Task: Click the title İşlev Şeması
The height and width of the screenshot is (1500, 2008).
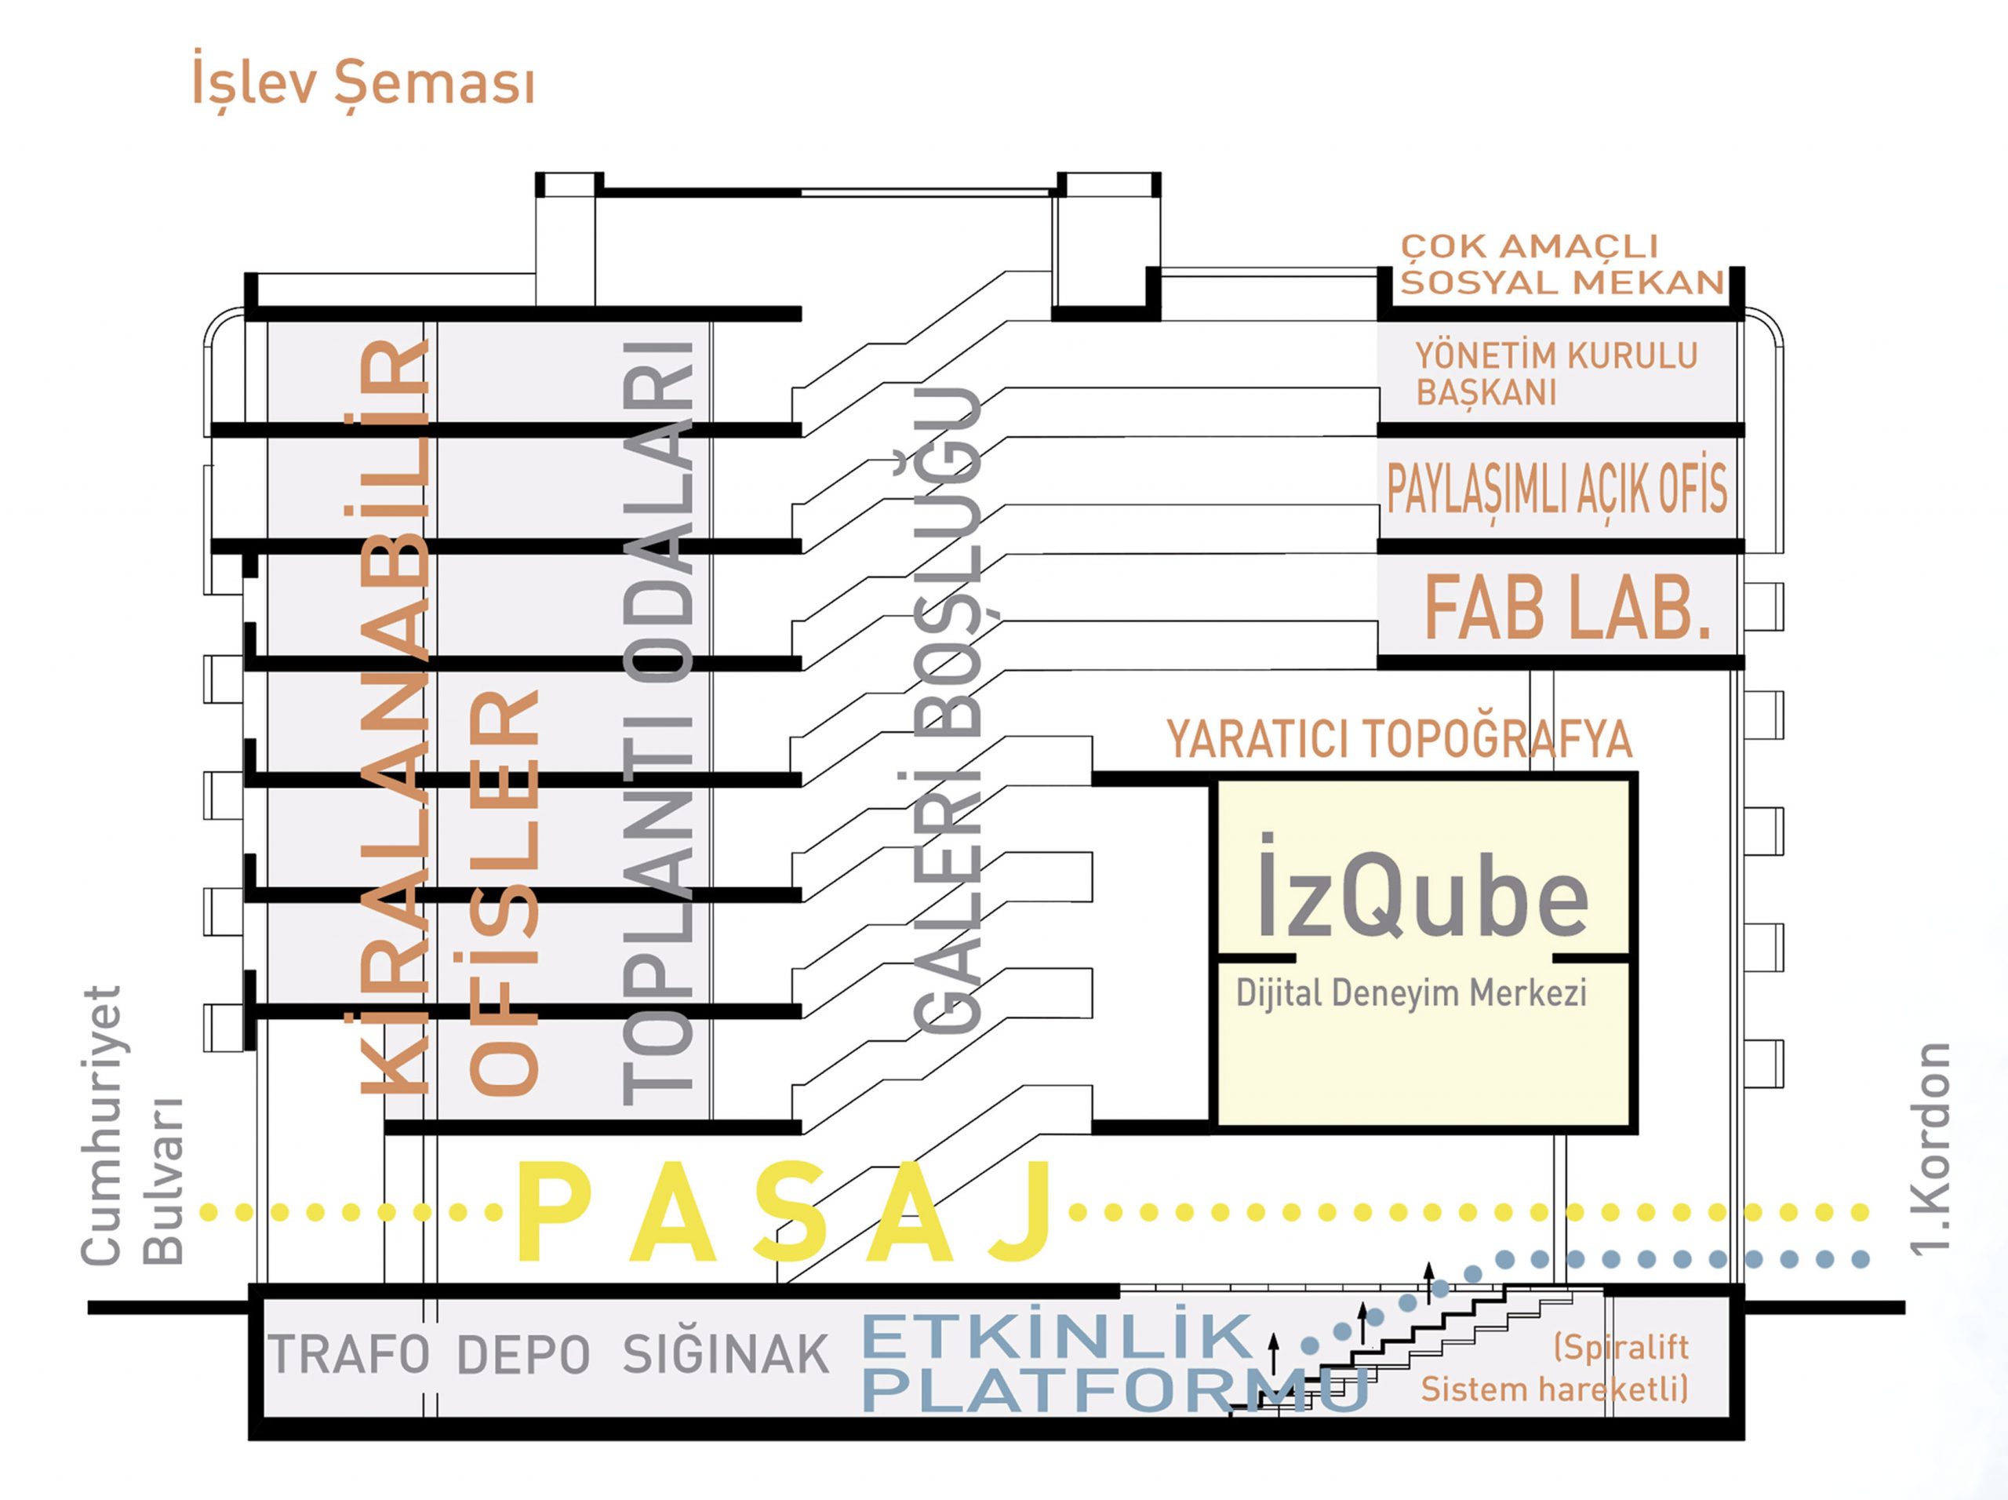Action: click(x=363, y=83)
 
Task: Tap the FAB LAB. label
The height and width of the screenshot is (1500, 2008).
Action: click(x=1567, y=608)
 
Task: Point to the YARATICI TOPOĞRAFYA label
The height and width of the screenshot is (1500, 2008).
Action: click(x=1399, y=739)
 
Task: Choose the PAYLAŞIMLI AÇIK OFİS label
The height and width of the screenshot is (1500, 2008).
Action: click(x=1557, y=489)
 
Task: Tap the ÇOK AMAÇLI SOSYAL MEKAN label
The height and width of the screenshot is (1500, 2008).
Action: click(x=1562, y=264)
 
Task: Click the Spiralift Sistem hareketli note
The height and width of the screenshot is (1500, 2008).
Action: click(x=1554, y=1367)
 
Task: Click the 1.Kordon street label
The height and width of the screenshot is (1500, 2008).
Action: click(x=1930, y=1149)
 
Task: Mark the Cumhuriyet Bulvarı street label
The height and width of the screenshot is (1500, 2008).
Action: click(x=133, y=1126)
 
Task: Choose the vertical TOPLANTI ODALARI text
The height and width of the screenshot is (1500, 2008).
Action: click(x=658, y=722)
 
